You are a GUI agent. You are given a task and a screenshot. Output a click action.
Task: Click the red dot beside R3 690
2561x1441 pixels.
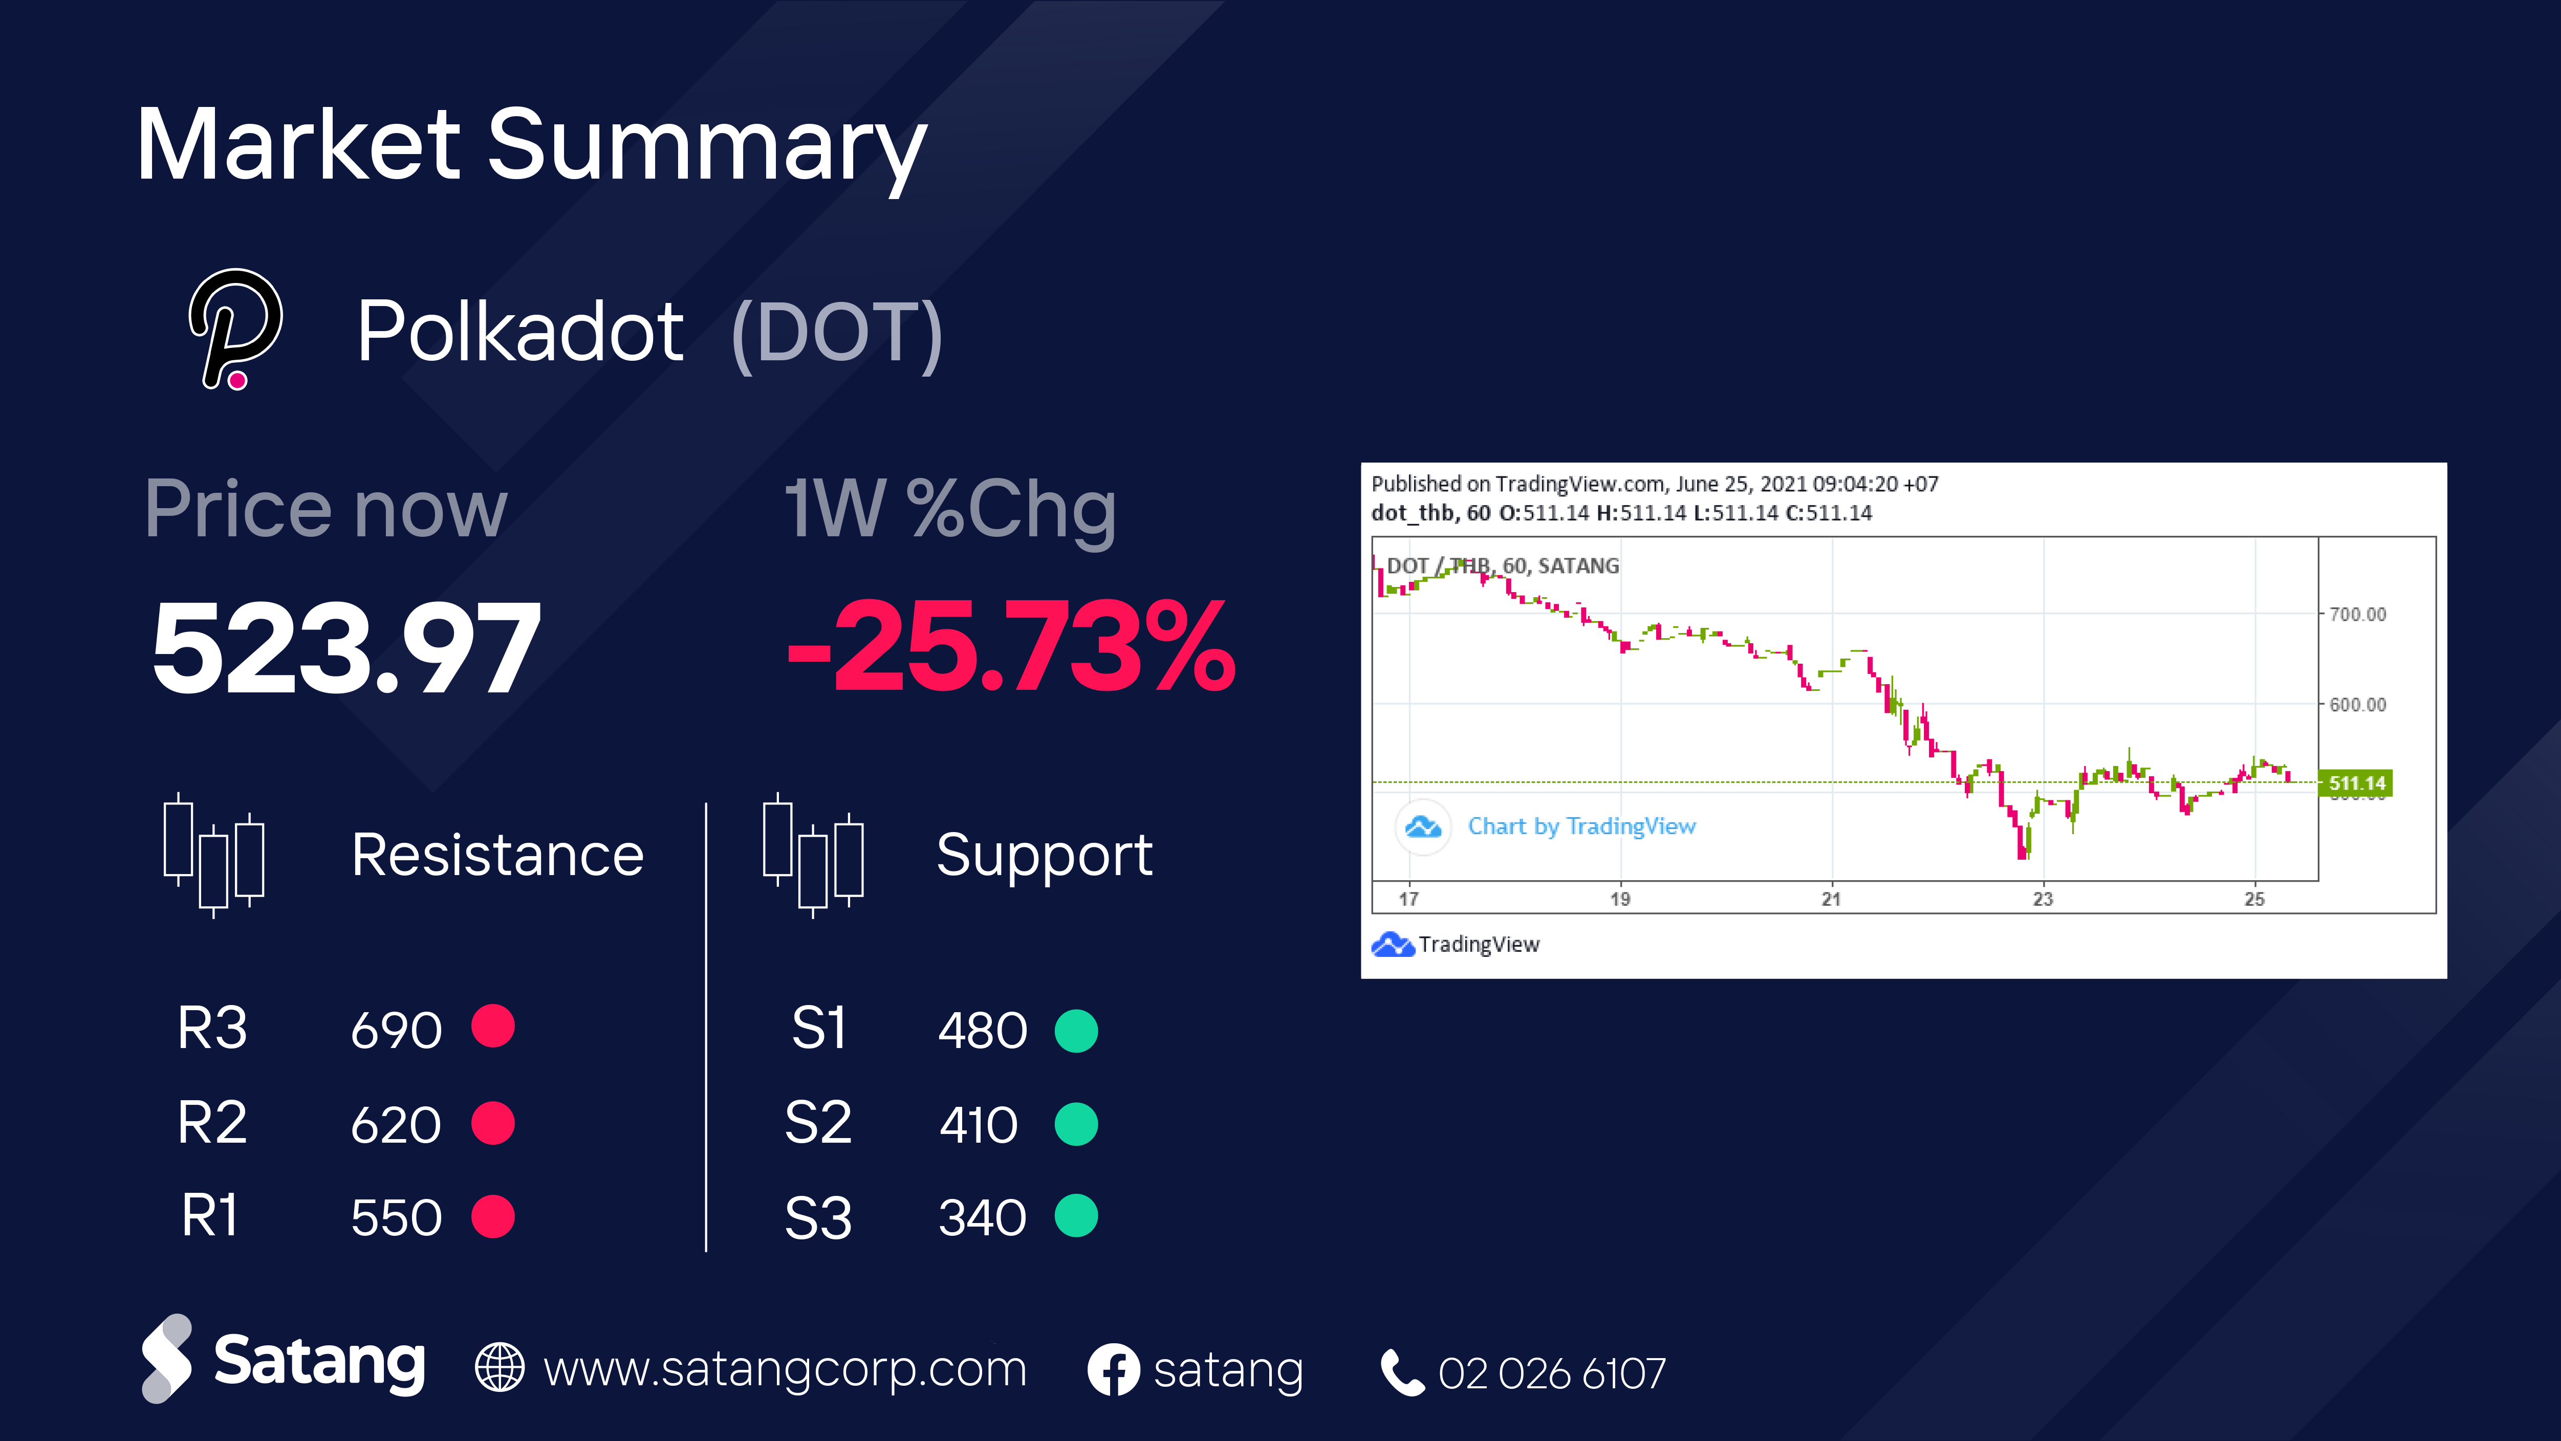(x=493, y=1027)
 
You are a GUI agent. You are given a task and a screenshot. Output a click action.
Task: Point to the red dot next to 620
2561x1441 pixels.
(x=493, y=1123)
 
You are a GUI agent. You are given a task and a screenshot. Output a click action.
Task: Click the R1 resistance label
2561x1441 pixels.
(x=210, y=1215)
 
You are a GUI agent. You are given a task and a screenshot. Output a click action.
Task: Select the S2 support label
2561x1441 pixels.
(x=817, y=1123)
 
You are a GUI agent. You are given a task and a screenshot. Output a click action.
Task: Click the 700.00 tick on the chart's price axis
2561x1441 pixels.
(x=2357, y=614)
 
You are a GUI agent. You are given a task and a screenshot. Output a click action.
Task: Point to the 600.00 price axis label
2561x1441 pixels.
(x=2357, y=705)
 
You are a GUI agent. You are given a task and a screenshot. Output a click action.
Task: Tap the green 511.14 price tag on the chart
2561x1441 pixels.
(x=2355, y=783)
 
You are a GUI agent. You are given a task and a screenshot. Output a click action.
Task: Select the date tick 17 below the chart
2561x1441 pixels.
(x=1409, y=899)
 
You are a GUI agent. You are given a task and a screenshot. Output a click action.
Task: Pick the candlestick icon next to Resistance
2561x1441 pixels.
(x=214, y=855)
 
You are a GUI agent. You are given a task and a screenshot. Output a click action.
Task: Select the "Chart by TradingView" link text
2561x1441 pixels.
(x=1581, y=826)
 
